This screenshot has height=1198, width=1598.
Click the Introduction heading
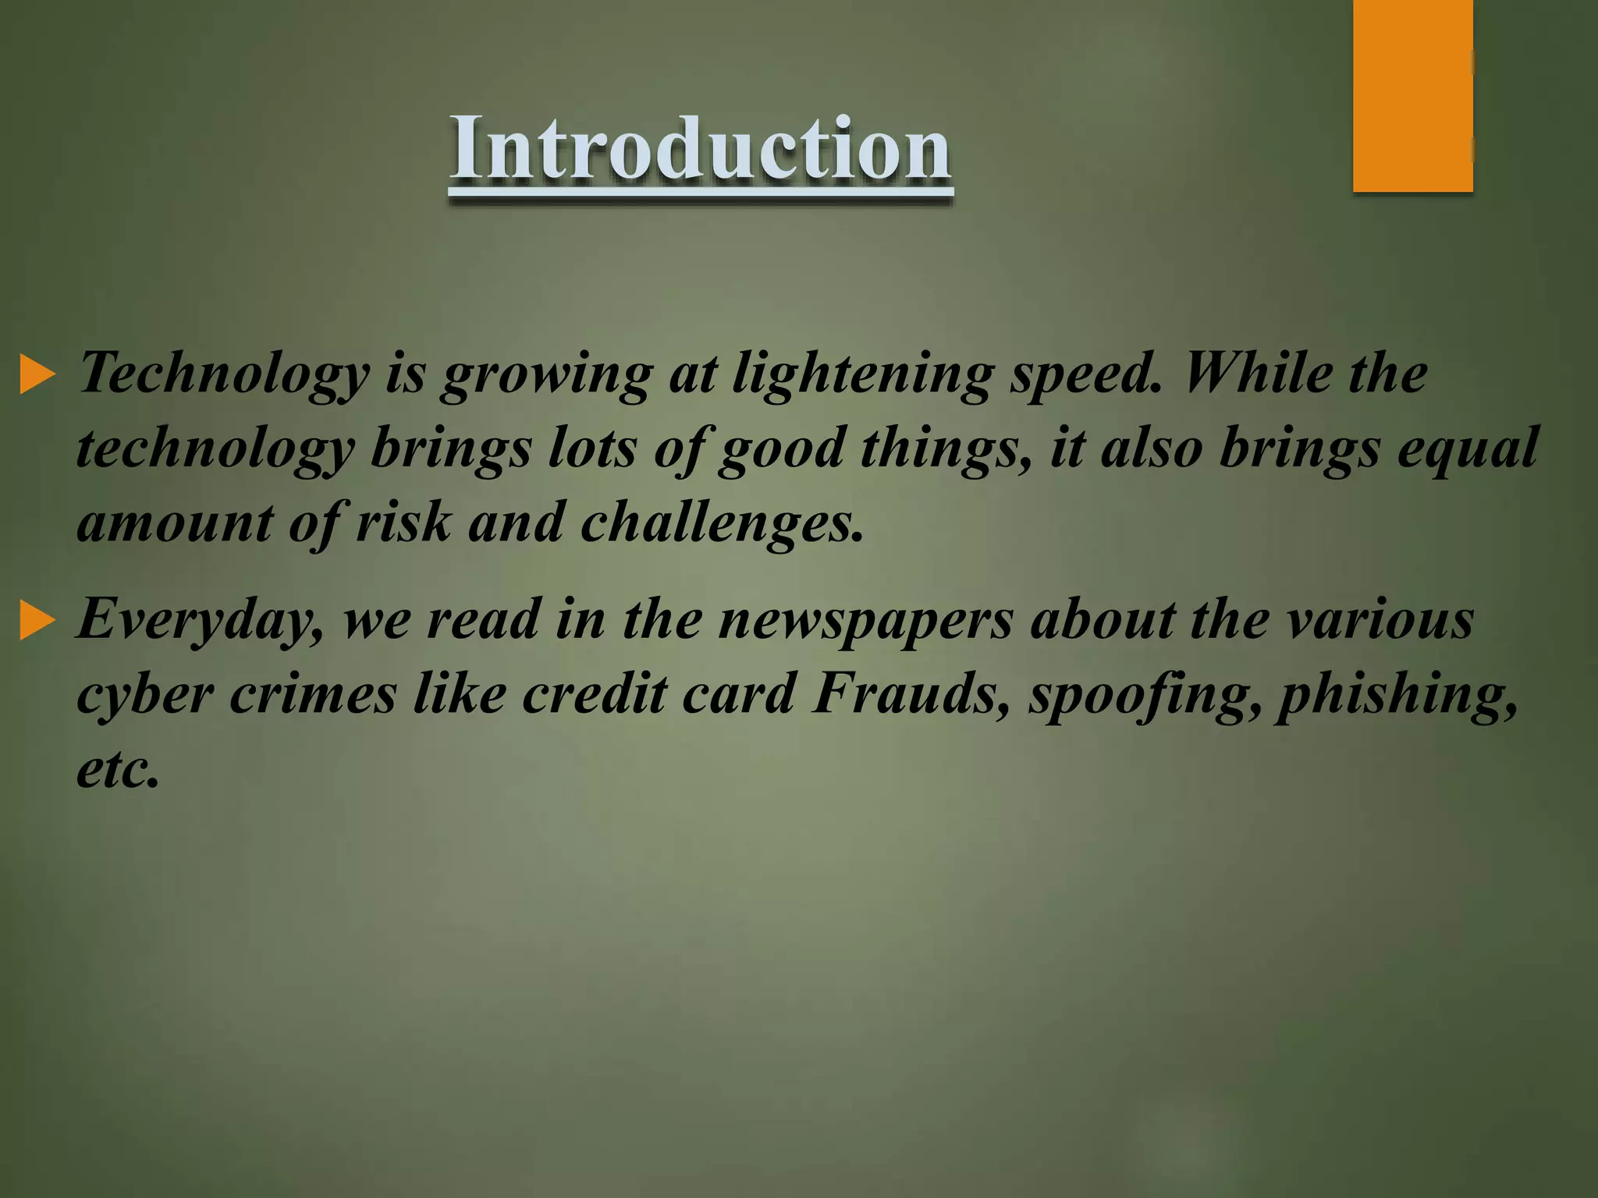tap(700, 148)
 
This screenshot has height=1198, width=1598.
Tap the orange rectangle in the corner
tap(1412, 95)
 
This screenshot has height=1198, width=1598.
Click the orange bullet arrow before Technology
tap(37, 374)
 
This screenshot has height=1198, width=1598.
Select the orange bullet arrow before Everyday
tap(37, 621)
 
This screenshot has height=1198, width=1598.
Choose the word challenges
tap(723, 523)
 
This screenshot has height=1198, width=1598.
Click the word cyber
tap(145, 694)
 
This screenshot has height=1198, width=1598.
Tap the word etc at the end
tap(117, 769)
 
